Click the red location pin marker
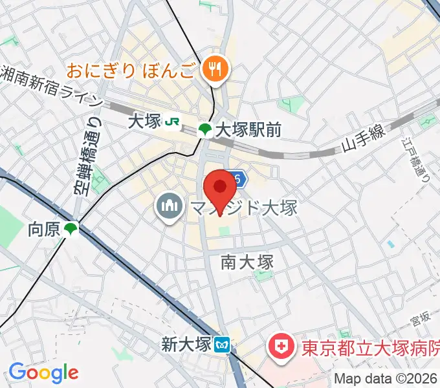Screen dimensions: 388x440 point(220,189)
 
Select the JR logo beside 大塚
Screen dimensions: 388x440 point(172,121)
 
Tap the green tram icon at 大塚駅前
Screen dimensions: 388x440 point(205,129)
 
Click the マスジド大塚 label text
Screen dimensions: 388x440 point(243,208)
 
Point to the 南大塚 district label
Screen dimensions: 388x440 point(247,261)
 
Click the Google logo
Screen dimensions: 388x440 point(43,372)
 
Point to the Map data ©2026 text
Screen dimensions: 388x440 point(386,378)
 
